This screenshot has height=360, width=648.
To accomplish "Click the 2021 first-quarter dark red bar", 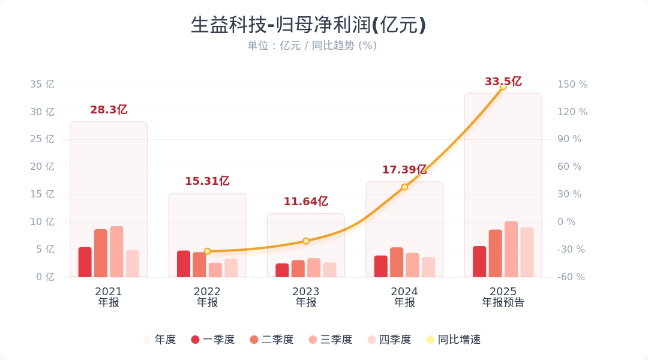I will [x=85, y=262].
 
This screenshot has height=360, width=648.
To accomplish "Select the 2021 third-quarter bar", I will [x=116, y=252].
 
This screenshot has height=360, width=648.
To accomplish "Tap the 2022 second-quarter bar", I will [x=199, y=265].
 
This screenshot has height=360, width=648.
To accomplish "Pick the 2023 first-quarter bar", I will [x=282, y=270].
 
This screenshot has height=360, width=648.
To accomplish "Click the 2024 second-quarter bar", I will [x=397, y=262].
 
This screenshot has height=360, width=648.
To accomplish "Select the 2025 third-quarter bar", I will [x=511, y=250].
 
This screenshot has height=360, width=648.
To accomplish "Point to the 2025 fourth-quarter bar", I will [x=527, y=252].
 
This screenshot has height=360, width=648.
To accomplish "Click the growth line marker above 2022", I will [x=207, y=251].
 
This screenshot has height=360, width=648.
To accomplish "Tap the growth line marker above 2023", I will [x=306, y=241].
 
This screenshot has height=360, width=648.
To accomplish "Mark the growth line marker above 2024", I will [x=404, y=187].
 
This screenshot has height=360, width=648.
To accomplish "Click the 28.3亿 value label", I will [x=109, y=110].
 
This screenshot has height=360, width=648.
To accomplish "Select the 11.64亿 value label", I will [x=306, y=202].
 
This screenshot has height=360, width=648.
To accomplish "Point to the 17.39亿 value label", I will [x=404, y=170].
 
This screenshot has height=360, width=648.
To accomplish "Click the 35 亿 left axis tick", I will [x=42, y=85].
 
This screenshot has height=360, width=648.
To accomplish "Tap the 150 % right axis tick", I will [x=572, y=85].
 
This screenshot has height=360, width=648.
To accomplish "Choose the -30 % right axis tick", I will [x=571, y=250].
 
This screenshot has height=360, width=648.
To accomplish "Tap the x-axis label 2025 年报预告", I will [x=503, y=297].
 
